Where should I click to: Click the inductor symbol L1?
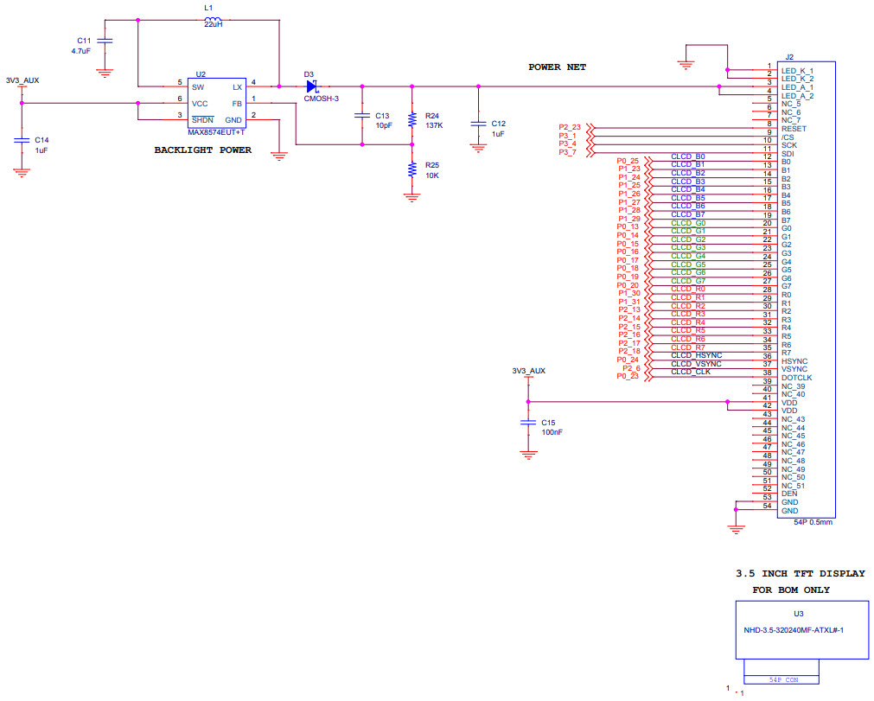pos(211,21)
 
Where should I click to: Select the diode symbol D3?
pos(312,86)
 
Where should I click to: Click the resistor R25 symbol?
pos(412,169)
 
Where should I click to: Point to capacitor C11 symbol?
pos(105,41)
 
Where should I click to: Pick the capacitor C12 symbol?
pos(477,124)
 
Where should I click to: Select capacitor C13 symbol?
pos(361,116)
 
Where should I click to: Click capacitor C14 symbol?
pos(22,139)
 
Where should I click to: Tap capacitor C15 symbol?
pos(527,423)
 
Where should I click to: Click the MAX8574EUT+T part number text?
pos(216,132)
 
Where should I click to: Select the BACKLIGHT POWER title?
pos(202,150)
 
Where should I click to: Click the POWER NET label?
pos(557,67)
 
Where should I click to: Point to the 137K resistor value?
pos(434,125)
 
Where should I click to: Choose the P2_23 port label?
pos(570,128)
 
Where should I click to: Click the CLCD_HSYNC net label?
pos(696,355)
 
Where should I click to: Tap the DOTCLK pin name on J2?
pos(796,378)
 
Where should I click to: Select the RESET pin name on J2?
pos(794,129)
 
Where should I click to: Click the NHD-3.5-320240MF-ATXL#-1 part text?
pos(793,630)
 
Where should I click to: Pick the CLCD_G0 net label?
pos(688,223)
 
